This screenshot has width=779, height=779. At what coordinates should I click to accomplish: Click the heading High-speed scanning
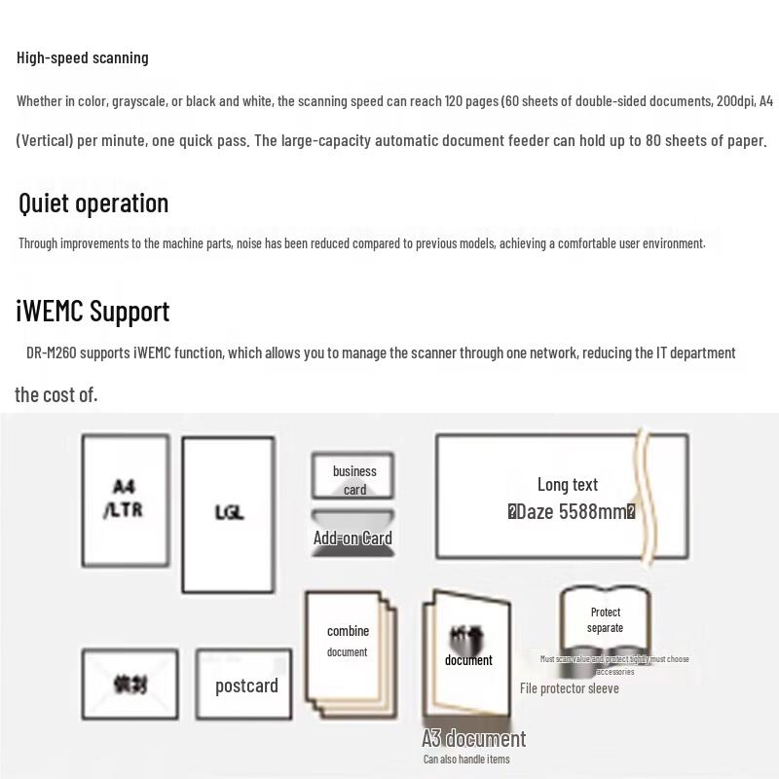pos(83,57)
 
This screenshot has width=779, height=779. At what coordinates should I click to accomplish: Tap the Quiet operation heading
pos(93,203)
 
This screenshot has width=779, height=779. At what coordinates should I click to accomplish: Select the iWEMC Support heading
pos(93,311)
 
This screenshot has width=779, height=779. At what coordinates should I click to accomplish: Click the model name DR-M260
pos(51,352)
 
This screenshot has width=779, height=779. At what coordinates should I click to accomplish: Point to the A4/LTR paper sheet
pos(125,499)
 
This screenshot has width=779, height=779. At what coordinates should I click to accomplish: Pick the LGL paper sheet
pos(229,513)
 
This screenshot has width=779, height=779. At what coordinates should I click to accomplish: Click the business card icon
pos(352,476)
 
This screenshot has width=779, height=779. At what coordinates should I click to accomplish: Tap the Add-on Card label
pos(352,538)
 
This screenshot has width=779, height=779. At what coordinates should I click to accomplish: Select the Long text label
pos(568,484)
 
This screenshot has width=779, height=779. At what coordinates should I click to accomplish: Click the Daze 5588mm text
pos(572,512)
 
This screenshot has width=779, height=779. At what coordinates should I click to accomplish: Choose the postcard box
pos(245,686)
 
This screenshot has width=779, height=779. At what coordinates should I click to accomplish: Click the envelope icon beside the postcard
pos(130,685)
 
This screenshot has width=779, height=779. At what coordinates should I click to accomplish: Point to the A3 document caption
pos(473,739)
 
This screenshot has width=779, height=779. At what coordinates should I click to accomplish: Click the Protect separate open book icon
pos(605,623)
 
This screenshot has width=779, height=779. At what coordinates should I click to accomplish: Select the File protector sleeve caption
pos(569,688)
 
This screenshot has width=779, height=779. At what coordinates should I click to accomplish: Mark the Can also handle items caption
pos(465,760)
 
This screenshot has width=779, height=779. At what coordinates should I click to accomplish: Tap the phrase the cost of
pos(56,394)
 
